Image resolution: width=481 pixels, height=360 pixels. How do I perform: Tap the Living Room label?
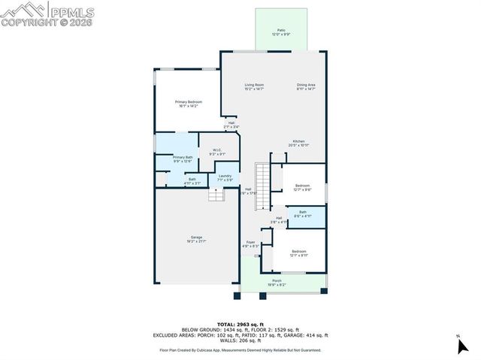click(253, 85)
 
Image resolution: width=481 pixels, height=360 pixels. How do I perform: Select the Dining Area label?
click(305, 85)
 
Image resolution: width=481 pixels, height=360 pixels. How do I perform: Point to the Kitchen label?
click(298, 141)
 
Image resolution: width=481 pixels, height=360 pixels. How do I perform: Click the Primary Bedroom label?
click(188, 102)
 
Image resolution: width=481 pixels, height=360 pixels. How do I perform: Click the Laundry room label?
click(225, 177)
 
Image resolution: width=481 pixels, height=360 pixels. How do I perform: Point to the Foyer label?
click(250, 243)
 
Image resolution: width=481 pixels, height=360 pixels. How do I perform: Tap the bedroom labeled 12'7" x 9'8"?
click(302, 186)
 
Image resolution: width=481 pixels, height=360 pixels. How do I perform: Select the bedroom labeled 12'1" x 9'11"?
click(298, 252)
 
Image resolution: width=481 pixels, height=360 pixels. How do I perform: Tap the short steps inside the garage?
click(216, 195)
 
